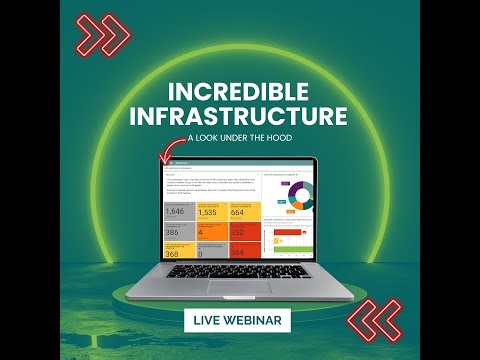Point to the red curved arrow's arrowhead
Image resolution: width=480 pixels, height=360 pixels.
click(x=163, y=157)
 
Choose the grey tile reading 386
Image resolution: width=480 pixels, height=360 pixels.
click(x=177, y=231)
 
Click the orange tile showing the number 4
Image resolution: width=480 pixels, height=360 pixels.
click(x=210, y=231)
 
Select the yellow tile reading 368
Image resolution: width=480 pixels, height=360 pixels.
click(x=177, y=251)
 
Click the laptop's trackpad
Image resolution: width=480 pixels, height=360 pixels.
click(x=239, y=287)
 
